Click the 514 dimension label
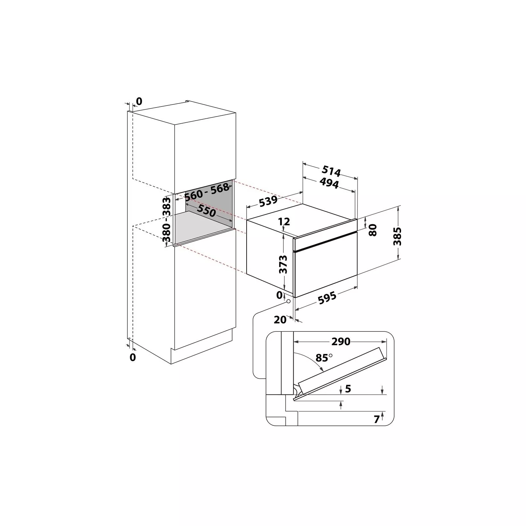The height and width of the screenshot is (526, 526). point(331,171)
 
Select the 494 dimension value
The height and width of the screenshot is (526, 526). point(329,183)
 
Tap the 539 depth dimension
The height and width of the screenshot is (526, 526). point(268,202)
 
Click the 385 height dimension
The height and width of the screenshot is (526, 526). point(398,236)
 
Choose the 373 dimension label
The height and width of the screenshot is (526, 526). point(283,264)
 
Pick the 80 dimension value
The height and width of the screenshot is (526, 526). point(372,230)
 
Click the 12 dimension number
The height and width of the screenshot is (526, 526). point(284,222)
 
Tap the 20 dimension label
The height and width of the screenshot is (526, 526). point(280,319)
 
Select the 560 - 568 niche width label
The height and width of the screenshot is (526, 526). point(206,192)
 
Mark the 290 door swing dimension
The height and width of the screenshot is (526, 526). point(341,342)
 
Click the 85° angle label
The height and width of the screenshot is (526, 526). point(324,357)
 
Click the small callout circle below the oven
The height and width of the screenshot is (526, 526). point(288,301)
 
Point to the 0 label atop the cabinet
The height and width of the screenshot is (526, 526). point(139,102)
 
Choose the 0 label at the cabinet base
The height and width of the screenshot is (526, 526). point(132,357)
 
